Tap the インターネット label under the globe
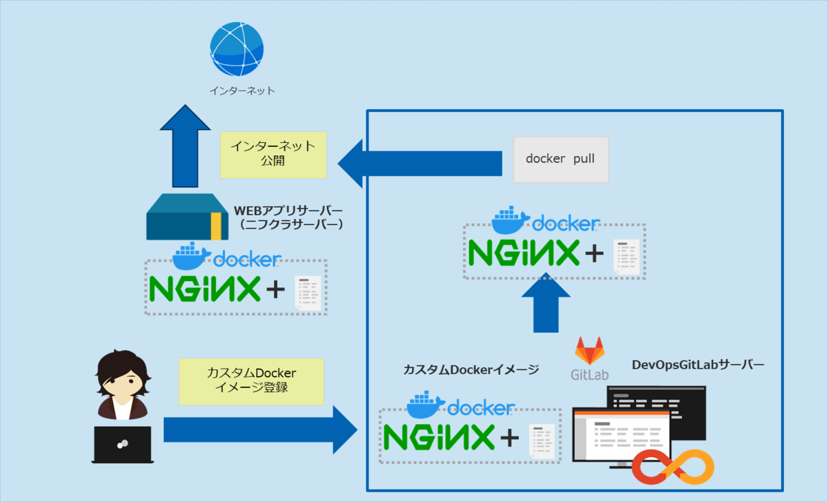point(241,90)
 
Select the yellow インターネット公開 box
point(273,154)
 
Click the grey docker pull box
point(561,159)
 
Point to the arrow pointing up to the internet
point(184,146)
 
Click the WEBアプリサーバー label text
point(289,210)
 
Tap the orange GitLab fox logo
point(589,351)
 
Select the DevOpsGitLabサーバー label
point(698,365)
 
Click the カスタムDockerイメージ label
point(471,370)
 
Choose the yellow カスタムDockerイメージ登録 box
point(251,380)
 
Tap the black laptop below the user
point(122,444)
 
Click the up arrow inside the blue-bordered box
point(546,303)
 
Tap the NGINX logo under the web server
point(205,289)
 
